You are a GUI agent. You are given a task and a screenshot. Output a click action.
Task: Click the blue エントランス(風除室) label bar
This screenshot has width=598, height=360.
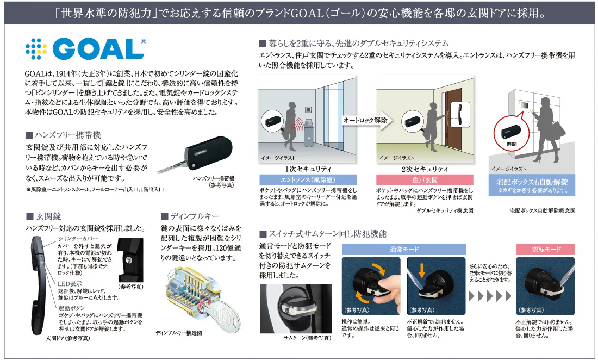(308, 179)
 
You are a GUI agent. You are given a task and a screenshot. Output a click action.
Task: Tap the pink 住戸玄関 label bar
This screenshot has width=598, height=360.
(425, 179)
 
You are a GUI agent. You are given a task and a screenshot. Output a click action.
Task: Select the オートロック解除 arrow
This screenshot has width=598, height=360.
(366, 121)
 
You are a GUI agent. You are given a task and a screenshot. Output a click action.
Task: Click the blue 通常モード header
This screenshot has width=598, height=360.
(404, 250)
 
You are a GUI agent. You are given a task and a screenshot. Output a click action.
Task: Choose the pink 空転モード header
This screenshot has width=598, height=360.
(545, 250)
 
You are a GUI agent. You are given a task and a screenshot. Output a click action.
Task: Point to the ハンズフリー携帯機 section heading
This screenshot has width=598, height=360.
(63, 135)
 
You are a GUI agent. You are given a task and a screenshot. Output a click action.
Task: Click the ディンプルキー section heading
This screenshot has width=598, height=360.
(190, 216)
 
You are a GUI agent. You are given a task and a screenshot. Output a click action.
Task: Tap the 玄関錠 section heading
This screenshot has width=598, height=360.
(43, 216)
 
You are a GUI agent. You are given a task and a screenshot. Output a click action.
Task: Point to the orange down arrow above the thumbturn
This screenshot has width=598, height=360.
(422, 270)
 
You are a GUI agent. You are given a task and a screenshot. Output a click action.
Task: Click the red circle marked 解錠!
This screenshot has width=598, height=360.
(511, 134)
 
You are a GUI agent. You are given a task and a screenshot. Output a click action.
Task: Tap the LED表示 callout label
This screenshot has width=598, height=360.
(70, 284)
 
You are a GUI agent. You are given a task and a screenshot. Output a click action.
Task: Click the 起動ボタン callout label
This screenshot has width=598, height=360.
(72, 308)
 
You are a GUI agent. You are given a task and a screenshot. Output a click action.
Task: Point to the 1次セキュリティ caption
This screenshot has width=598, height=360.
(308, 169)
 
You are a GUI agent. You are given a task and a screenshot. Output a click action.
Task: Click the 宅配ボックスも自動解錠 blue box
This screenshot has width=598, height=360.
(532, 185)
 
